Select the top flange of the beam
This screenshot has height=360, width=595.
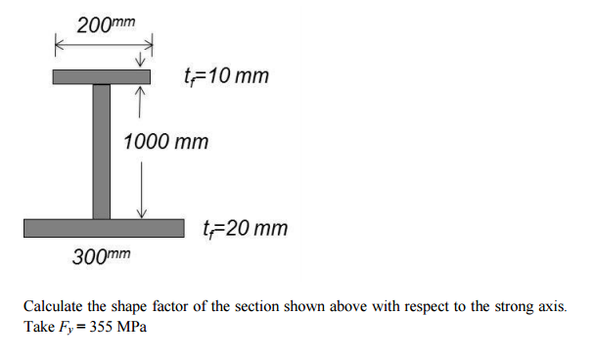coord(102,76)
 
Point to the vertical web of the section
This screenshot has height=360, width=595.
coord(102,152)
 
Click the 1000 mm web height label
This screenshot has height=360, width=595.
coord(166,142)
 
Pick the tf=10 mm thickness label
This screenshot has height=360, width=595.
coord(226,76)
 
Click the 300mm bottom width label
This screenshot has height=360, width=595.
coord(102,257)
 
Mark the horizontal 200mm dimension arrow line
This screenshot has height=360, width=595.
coord(103,44)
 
